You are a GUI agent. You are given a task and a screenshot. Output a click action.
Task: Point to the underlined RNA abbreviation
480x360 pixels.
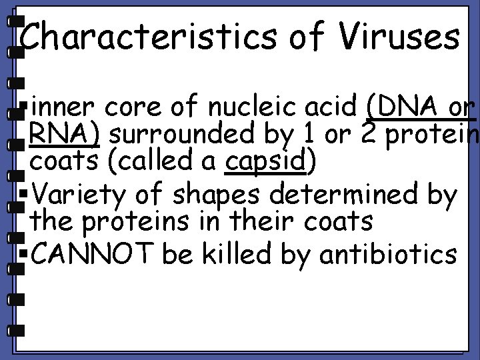pyautogui.click(x=63, y=135)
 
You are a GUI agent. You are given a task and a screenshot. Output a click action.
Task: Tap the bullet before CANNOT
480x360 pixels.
pyautogui.click(x=25, y=255)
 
